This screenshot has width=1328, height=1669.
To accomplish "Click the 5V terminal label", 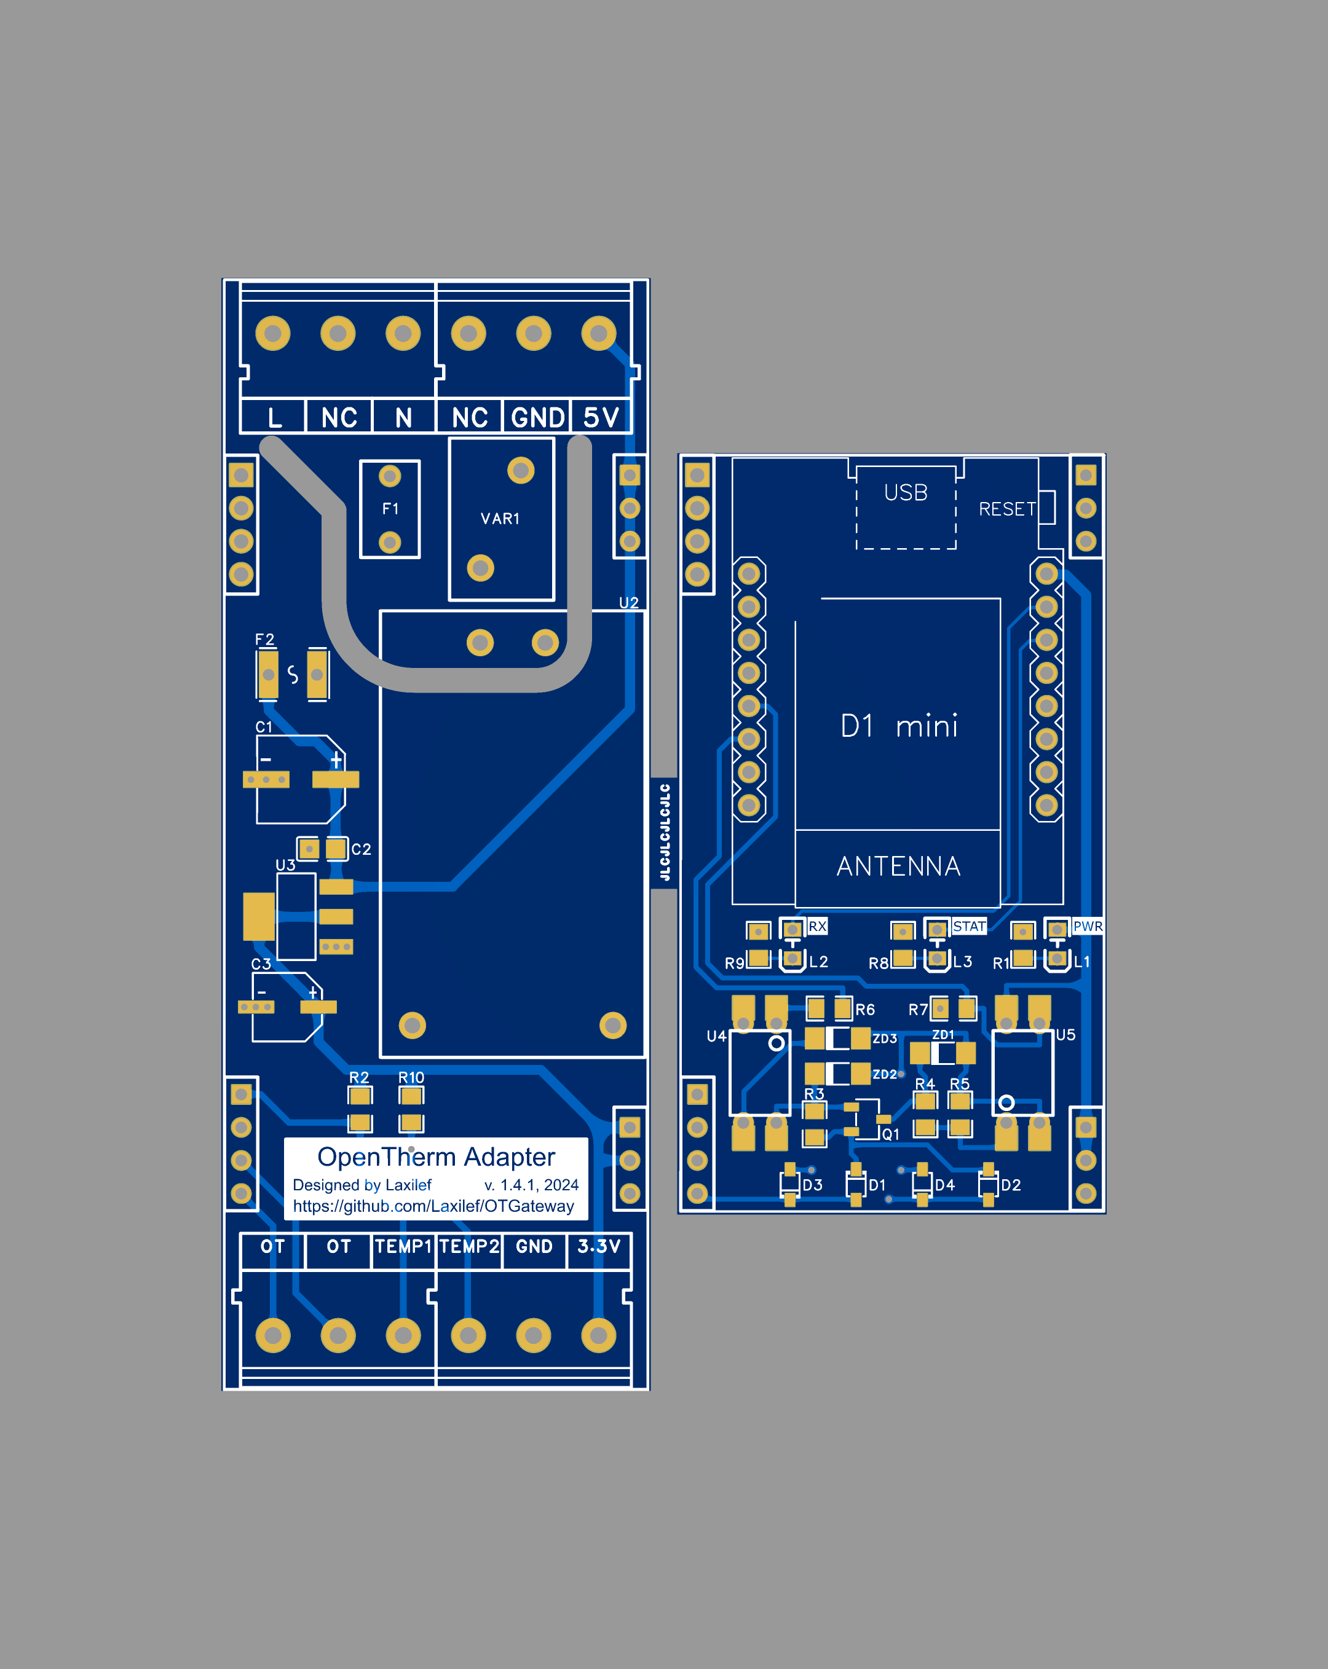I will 601,418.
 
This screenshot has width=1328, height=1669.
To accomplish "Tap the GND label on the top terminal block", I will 537,418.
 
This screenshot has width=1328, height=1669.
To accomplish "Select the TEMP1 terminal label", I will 403,1246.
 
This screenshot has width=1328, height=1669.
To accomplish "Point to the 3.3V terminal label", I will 599,1246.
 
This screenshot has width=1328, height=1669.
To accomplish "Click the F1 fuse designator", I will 390,509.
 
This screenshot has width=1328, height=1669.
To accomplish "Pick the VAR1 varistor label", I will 500,519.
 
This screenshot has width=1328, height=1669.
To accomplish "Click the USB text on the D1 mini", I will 905,493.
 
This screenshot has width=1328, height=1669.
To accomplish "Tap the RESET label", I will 1006,509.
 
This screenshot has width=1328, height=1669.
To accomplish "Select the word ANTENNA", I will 898,866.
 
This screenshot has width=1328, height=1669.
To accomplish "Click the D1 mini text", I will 899,726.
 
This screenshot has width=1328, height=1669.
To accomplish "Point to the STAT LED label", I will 969,927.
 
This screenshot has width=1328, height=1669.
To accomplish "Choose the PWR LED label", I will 1087,927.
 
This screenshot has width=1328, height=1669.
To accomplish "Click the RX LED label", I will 817,927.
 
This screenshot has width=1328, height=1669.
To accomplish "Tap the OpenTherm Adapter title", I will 436,1157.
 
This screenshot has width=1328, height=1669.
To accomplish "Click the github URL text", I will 433,1206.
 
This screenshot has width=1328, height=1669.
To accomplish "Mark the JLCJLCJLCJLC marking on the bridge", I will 665,832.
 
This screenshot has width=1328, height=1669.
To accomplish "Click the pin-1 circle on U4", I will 776,1043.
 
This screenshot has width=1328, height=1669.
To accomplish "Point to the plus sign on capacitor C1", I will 336,760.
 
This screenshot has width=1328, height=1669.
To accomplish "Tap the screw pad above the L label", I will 272,334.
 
